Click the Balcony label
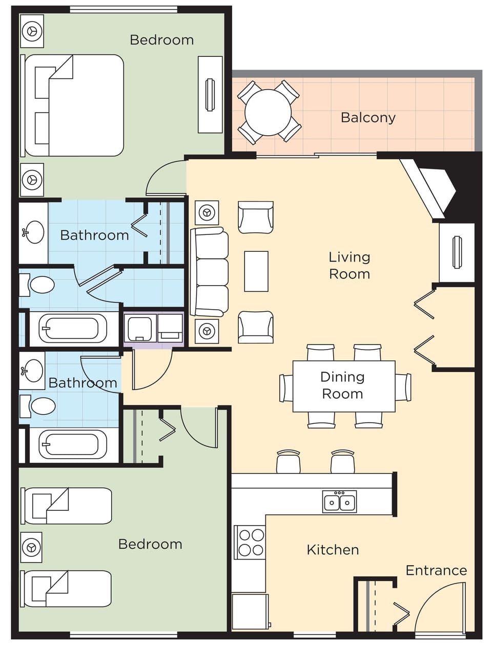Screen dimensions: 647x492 (368, 118)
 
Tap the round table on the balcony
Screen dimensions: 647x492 (268, 113)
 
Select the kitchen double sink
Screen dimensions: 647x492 (339, 501)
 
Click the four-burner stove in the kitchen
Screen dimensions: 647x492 (251, 542)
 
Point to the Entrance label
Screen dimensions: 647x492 (436, 570)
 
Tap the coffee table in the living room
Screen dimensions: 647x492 (256, 271)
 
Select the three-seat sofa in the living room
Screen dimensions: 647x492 (210, 272)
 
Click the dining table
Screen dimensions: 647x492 (343, 386)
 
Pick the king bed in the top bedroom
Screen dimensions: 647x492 (74, 105)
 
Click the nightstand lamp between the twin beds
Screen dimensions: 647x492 (31, 547)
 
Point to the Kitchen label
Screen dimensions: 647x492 (333, 550)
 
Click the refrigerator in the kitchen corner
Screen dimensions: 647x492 (250, 611)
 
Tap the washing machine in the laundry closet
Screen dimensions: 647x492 (139, 328)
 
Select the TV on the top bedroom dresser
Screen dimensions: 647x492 (210, 95)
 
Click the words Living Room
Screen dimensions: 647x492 (349, 265)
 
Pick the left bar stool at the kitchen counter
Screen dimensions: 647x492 (288, 462)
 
